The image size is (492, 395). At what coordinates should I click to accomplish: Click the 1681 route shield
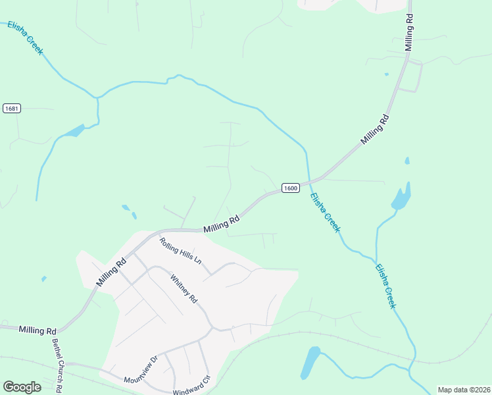[11, 108]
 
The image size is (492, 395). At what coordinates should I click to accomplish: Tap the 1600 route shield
[291, 188]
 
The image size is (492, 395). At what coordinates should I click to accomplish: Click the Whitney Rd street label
[184, 289]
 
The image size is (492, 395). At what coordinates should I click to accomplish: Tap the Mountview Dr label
[141, 369]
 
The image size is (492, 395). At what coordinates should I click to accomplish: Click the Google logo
[22, 387]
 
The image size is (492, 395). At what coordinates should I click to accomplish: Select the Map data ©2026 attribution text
[463, 390]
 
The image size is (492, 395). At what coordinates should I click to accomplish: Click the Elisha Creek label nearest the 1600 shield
[325, 212]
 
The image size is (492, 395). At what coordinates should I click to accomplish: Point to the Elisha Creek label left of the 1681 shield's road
[26, 38]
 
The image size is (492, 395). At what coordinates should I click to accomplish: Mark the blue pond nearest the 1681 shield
[74, 131]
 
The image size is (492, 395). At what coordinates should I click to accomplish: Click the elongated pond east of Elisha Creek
[401, 196]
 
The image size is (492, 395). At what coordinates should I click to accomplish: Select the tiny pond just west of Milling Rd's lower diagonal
[44, 278]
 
